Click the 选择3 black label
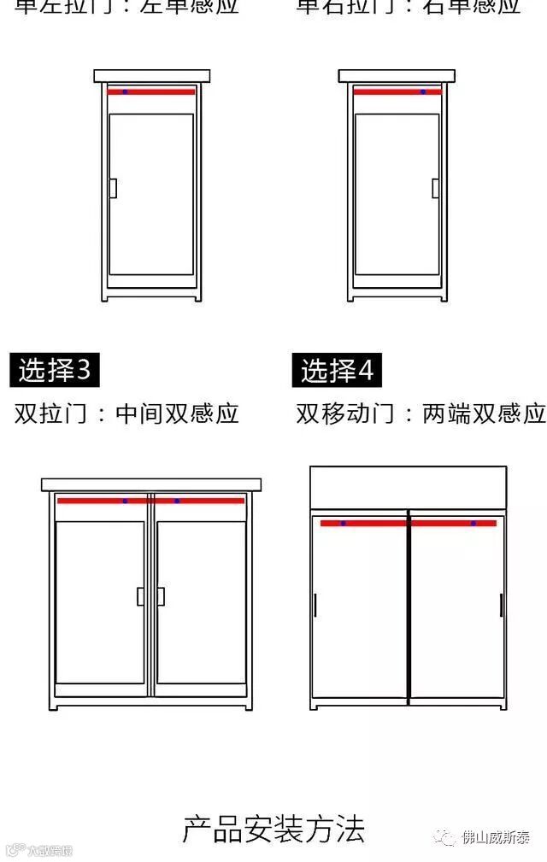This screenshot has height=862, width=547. (55, 370)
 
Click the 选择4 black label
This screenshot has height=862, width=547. (338, 371)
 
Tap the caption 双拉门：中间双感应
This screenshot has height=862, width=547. (126, 414)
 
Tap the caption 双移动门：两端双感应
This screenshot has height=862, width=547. (421, 414)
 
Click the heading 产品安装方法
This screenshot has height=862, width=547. (273, 828)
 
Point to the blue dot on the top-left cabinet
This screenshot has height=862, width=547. (125, 91)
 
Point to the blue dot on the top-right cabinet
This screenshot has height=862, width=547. (422, 91)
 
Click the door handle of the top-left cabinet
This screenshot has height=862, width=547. (113, 188)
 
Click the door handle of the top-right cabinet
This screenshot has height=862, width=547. (435, 188)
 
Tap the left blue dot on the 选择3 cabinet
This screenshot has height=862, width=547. (125, 501)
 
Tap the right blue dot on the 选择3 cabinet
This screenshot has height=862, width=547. (177, 501)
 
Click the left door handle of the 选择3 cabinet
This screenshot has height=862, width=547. (141, 596)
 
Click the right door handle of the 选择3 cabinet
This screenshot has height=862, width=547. (160, 596)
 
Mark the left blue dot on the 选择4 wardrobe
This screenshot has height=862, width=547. (344, 523)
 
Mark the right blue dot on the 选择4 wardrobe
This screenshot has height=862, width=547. (473, 523)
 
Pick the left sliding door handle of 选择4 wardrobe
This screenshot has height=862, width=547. (315, 605)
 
